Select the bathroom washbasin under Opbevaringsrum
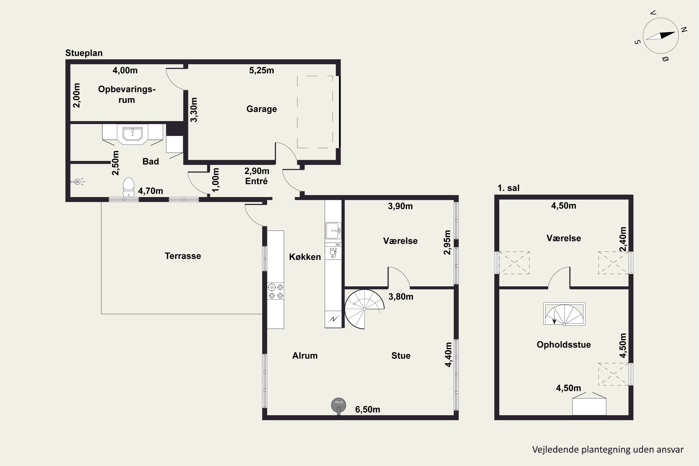pos(133,134)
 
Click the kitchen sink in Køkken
pos(333,231)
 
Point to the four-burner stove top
pos(275,291)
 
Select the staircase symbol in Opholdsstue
pos(564,314)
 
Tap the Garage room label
pos(261,109)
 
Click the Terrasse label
pos(183,256)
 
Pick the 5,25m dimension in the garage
pos(261,70)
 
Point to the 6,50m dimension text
pos(368,410)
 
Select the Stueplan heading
pos(84,53)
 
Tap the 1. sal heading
pos(508,188)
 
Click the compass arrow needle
pos(661,36)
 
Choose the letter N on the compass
pos(684,29)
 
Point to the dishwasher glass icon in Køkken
pos(333,254)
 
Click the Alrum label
pos(305,356)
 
